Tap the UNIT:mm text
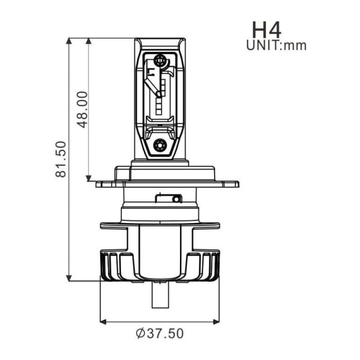click(x=276, y=45)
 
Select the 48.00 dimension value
click(x=81, y=109)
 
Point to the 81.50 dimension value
click(x=61, y=159)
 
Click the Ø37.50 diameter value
click(x=159, y=334)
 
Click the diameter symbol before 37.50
click(x=140, y=334)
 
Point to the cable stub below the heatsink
click(x=159, y=296)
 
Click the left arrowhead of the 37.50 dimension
click(x=103, y=321)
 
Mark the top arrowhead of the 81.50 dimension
click(x=69, y=42)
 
